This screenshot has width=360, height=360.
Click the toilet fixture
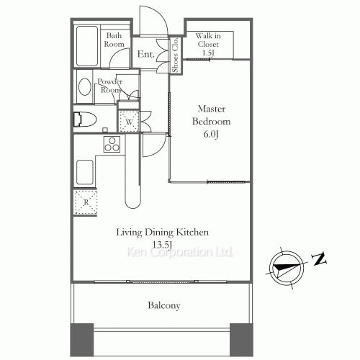coord(85,120)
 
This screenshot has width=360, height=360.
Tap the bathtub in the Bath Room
coord(87,46)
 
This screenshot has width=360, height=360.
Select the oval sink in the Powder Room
coord(85,86)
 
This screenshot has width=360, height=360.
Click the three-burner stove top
coord(112,144)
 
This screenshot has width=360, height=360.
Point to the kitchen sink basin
coord(85,172)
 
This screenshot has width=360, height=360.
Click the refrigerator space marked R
coord(86,202)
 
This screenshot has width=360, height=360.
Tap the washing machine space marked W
coord(129,122)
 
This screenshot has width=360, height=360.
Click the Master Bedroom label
coord(211,115)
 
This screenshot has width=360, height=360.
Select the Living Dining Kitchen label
coord(163,233)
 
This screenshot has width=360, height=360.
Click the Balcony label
coord(164,305)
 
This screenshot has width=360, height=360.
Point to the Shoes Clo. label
coord(175,55)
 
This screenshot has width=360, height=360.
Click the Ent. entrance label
coord(145,54)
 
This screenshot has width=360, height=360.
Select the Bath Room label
coord(114,40)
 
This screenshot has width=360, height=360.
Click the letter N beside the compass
coord(319,258)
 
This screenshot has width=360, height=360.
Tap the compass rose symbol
coord(287,267)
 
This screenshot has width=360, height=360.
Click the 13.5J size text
coord(163,245)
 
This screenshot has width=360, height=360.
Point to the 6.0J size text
coord(211,134)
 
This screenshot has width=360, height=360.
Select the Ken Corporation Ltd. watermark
coord(180,252)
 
